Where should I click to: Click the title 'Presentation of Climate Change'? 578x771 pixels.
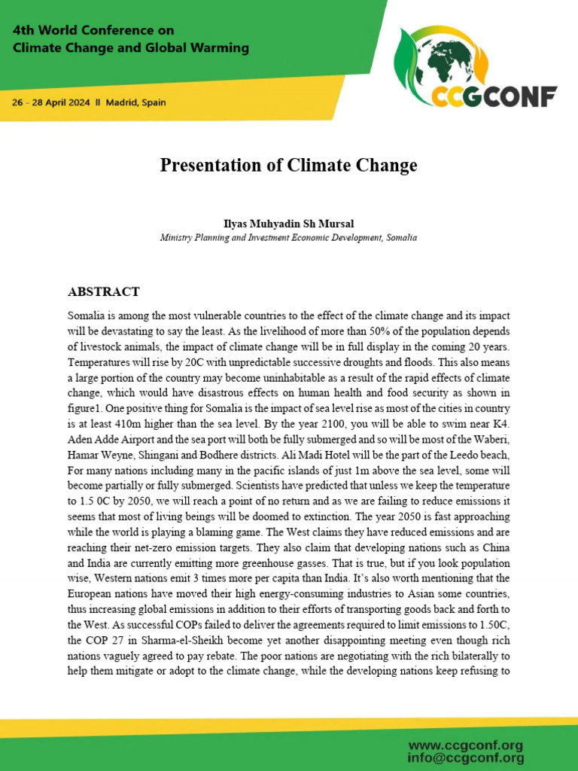coord(288,165)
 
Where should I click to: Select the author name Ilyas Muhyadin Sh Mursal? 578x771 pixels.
coord(288,224)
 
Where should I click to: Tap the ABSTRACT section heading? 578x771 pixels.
coord(103,291)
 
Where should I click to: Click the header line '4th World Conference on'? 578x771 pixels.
coord(93,31)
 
